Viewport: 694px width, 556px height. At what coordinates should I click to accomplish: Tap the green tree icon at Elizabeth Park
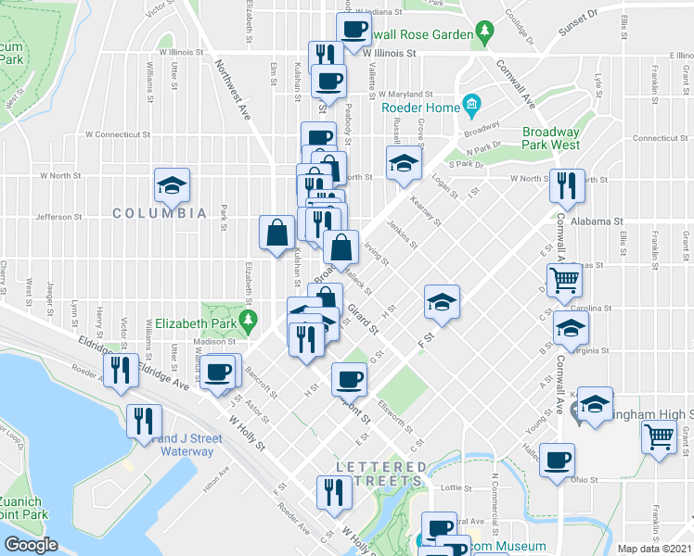(247, 322)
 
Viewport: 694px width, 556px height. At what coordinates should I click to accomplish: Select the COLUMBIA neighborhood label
(160, 213)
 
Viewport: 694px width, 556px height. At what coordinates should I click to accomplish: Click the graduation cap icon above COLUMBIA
(172, 185)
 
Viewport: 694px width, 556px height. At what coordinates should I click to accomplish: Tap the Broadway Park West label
(550, 139)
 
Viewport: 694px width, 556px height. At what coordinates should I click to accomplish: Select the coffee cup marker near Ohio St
(557, 460)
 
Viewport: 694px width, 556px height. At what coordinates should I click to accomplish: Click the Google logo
(31, 545)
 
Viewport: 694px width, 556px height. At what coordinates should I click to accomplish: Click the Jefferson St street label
(58, 217)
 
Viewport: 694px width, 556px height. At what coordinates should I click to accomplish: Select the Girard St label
(363, 319)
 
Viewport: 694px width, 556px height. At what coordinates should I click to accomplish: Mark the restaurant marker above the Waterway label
(143, 423)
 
